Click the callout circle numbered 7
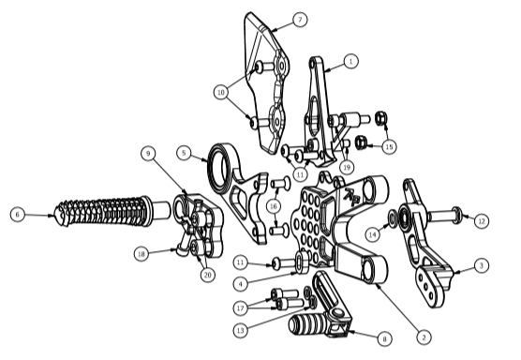point(300,20)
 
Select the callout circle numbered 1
point(350,62)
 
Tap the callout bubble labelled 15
point(390,146)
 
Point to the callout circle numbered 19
point(347,167)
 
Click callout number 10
point(221,92)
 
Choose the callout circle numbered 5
point(184,153)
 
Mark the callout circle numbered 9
point(148,153)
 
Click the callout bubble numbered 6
point(18,215)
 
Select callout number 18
point(141,254)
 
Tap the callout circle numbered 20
point(208,275)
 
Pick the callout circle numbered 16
point(274,206)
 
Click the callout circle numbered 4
point(240,284)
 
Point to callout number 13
point(241,330)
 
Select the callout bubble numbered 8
point(385,338)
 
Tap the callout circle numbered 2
point(424,337)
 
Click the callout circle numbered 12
point(482,221)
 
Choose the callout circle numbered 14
point(373,234)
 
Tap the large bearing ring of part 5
point(218,165)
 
